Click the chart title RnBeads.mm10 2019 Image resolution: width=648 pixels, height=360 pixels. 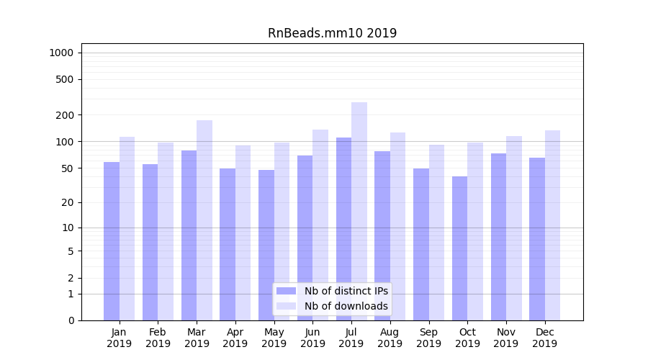332,33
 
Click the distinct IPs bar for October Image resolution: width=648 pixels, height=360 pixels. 459,248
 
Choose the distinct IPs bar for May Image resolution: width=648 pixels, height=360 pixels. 266,245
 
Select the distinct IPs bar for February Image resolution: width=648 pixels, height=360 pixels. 150,242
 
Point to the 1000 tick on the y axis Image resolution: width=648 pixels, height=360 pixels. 61,53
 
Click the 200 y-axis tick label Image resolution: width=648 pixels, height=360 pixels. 65,115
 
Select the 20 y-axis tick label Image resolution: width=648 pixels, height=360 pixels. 68,202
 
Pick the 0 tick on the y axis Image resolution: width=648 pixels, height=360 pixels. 71,320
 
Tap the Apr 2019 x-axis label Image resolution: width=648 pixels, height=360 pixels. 235,338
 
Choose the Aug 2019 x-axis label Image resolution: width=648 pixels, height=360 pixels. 390,338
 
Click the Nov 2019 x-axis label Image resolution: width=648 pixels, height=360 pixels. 506,338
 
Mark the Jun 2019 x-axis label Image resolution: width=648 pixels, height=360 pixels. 312,338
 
